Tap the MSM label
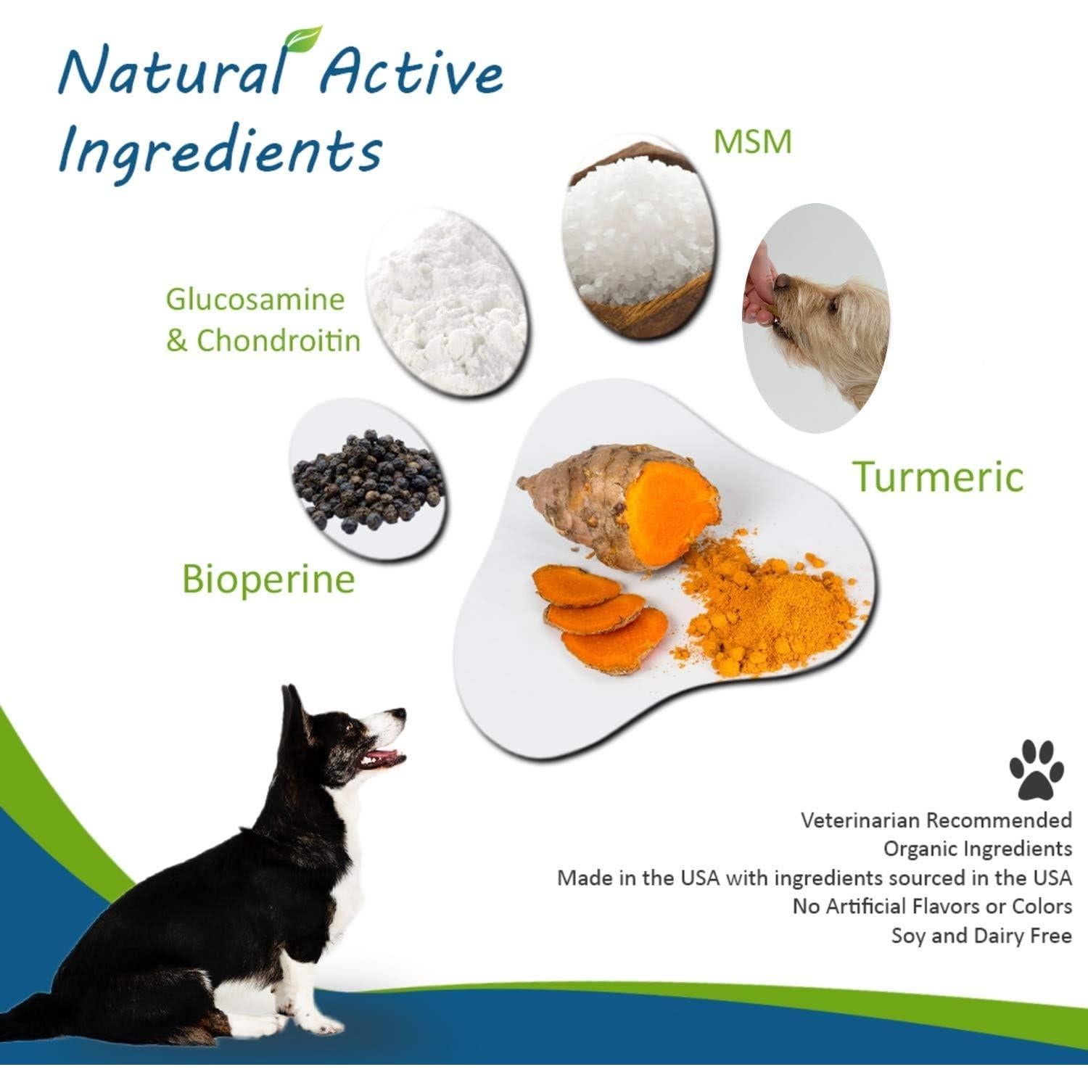point(752,141)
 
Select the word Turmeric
point(937,477)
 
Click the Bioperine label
point(268,579)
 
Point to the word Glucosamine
point(255,299)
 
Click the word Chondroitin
point(279,341)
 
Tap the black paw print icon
point(1037,769)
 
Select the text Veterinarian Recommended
point(936,820)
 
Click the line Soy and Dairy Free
point(981,936)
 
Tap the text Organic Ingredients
point(977,849)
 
